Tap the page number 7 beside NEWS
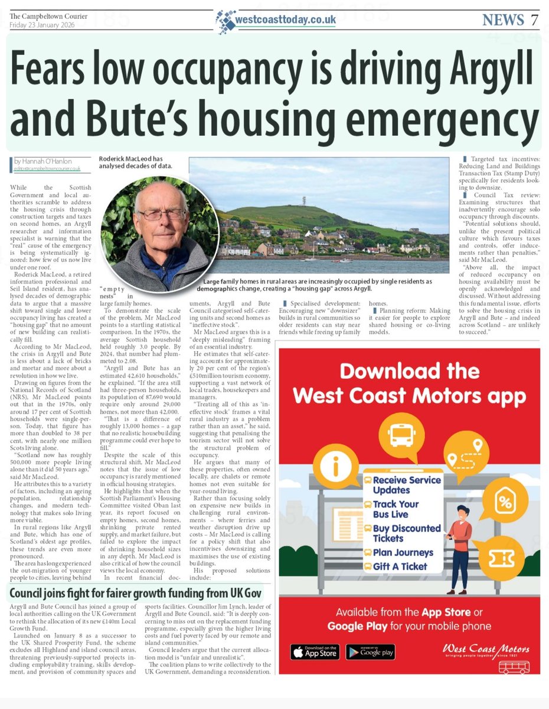[x=534, y=19]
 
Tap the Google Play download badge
[x=370, y=651]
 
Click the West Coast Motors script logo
[x=485, y=650]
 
